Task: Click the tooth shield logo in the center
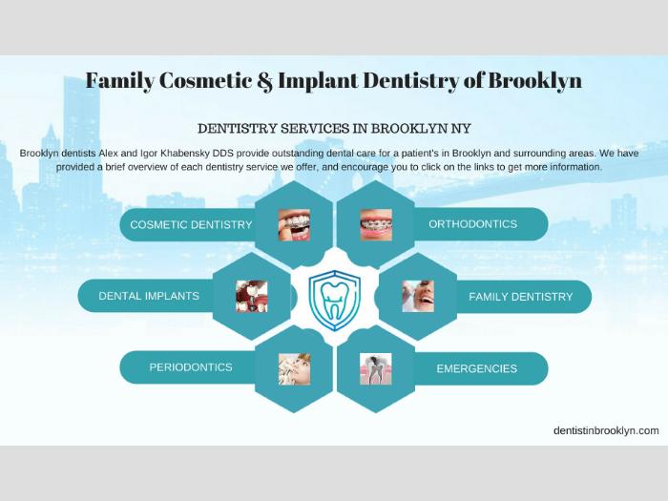335,301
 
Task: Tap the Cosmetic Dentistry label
191,224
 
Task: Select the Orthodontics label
473,224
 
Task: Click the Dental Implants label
149,296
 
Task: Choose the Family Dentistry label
521,297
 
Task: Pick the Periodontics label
191,367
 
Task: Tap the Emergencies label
477,368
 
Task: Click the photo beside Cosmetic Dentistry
294,225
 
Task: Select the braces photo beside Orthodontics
376,225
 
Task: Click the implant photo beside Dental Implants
252,297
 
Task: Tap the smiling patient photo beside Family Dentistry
418,297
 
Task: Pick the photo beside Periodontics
294,369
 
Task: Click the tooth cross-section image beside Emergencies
376,369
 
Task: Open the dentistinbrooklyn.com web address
606,430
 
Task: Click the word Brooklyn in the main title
534,80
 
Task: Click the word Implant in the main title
318,81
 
